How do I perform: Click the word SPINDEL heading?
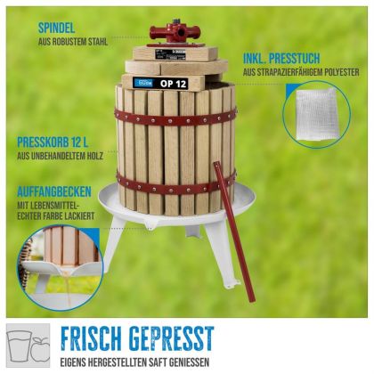point(56,28)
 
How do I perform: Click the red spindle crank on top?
point(175,31)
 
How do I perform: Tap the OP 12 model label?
point(173,84)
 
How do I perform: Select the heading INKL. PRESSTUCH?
point(281,59)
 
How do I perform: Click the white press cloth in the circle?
point(316,114)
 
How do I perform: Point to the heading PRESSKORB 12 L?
point(53,142)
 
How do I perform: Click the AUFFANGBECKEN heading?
point(54,191)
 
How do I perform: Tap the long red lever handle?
point(233,232)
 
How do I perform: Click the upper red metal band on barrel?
point(175,118)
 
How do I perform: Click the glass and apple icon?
point(28,346)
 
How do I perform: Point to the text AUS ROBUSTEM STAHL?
point(73,42)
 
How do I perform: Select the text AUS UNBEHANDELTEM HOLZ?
point(60,156)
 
